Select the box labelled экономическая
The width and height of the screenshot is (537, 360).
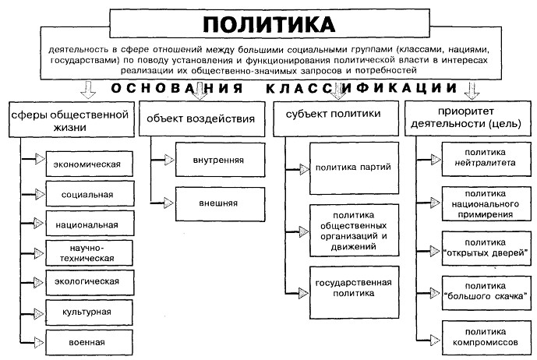(x=87, y=164)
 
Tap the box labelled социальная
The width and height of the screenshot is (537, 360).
(x=87, y=193)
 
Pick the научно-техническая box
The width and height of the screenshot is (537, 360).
(x=87, y=252)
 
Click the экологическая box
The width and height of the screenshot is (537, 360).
(x=87, y=281)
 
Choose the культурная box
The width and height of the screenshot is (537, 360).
(x=87, y=310)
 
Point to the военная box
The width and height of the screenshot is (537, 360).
(x=87, y=341)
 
